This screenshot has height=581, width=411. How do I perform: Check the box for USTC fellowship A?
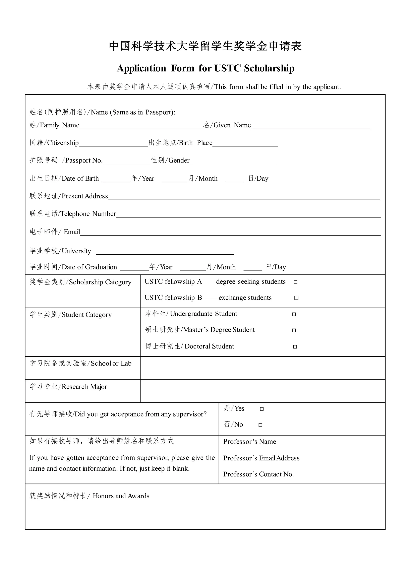tap(295, 282)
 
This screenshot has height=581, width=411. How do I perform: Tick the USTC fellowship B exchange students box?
tap(296, 298)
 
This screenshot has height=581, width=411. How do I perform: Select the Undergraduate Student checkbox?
tap(294, 314)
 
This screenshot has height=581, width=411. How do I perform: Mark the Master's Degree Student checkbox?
tap(294, 330)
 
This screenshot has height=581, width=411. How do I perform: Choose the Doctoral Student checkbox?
tap(295, 347)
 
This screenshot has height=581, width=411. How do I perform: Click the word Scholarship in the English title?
tap(269, 68)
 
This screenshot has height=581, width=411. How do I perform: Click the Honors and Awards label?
tap(121, 496)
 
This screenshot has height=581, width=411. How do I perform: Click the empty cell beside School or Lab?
tap(263, 368)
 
